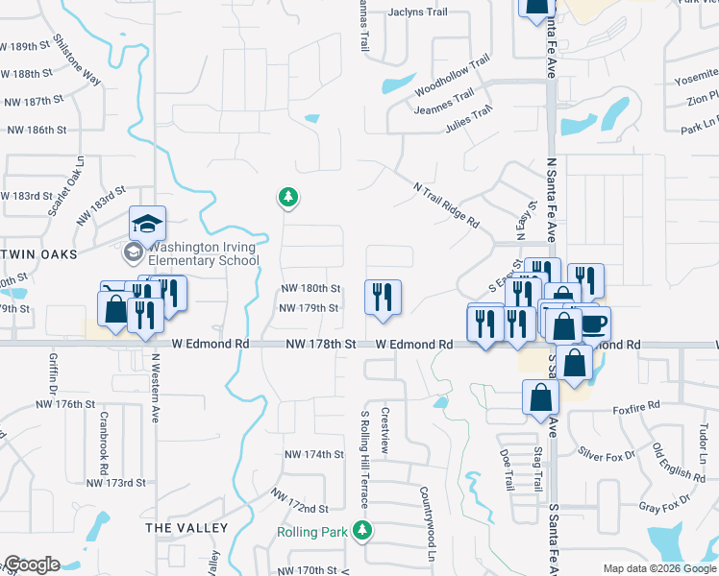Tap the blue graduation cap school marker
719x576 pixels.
click(148, 225)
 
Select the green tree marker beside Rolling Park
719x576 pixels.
click(361, 530)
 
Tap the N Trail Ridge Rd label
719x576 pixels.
click(445, 204)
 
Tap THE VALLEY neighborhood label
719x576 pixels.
click(186, 528)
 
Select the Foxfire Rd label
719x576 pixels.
click(636, 407)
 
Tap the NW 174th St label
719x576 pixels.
click(313, 454)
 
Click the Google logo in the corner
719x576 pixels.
click(32, 564)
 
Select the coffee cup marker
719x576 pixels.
click(594, 323)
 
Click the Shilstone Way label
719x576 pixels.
click(78, 60)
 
